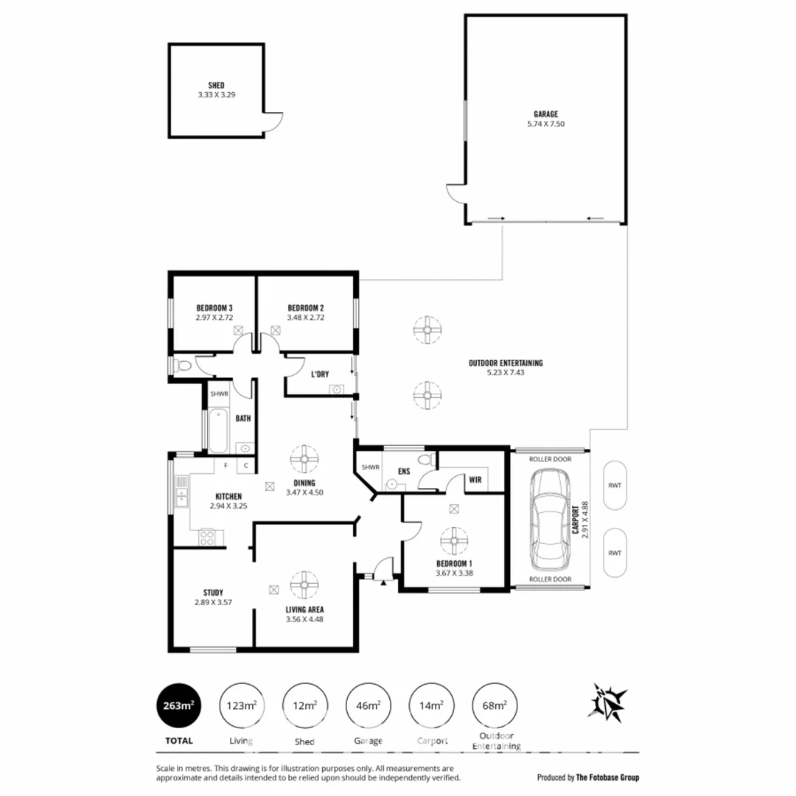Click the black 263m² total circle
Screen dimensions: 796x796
pos(177,705)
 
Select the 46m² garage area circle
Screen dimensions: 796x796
pos(367,705)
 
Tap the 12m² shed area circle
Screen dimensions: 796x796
pos(304,705)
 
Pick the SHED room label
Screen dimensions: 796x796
pos(216,85)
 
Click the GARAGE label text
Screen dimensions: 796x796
pos(545,114)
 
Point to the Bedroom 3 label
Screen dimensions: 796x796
pos(214,308)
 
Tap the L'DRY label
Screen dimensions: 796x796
pos(319,374)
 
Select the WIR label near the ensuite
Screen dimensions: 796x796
pos(475,480)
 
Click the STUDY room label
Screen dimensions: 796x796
pos(213,593)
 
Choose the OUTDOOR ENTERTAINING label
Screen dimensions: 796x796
pos(505,363)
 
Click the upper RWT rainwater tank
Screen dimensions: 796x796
pos(615,485)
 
